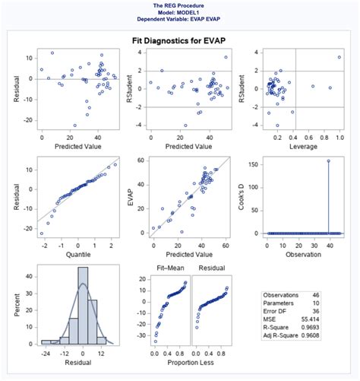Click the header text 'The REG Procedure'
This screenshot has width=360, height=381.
[x=180, y=5]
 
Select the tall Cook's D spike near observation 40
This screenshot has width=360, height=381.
[x=328, y=198]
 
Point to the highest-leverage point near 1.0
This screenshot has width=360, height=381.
[x=339, y=57]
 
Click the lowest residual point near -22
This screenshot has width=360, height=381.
[x=74, y=125]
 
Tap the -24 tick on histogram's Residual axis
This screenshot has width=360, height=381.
[x=46, y=354]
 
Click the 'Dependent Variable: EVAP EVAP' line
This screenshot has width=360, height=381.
[x=180, y=19]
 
